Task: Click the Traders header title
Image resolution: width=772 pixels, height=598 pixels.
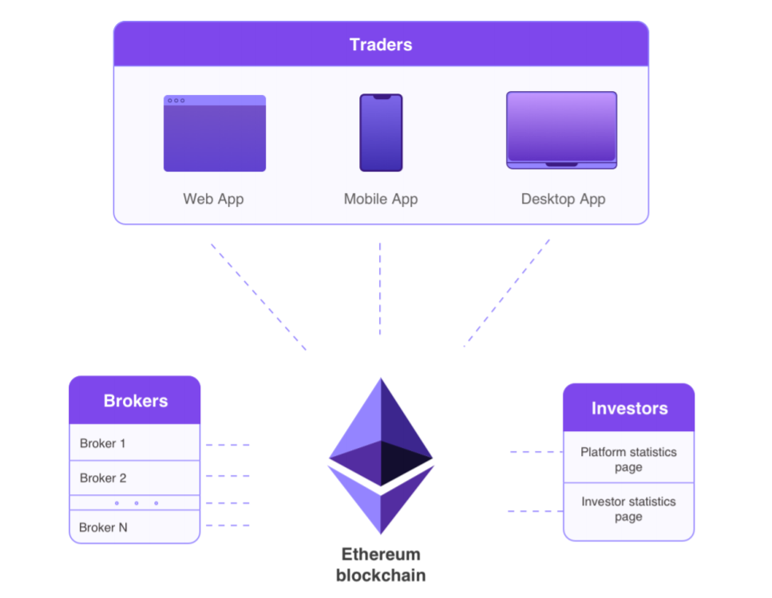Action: coord(381,45)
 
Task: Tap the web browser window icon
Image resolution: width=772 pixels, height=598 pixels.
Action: coord(215,133)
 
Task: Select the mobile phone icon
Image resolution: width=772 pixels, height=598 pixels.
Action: coord(381,133)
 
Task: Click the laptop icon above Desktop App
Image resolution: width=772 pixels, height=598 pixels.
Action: coord(561,130)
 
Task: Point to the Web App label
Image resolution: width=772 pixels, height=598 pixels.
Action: coord(213,199)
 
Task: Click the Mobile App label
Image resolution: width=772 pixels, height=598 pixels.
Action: coord(381,199)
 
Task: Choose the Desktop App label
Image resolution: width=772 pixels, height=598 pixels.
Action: coord(563,199)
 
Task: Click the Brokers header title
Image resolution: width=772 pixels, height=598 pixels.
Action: coord(136,401)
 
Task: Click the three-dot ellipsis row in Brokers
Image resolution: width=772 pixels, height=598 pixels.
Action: coord(136,503)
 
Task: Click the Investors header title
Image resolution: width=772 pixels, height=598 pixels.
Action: coord(629,409)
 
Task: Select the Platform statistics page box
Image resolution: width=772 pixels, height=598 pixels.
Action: coord(628,459)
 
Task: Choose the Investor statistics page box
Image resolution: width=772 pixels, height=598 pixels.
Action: coord(628,509)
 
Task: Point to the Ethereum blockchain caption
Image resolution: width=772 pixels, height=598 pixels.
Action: coord(381,564)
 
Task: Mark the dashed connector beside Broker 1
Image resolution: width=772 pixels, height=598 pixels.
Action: coord(228,445)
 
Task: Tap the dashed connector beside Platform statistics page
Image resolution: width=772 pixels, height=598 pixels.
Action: coord(536,452)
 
